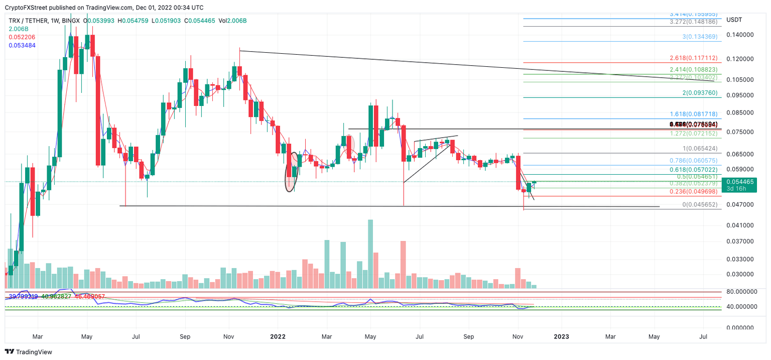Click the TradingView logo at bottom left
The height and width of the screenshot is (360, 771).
29,352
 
